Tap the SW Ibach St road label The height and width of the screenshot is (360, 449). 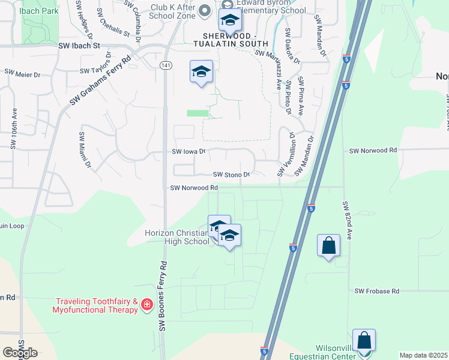[x=79, y=45]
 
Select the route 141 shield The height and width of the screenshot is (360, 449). [x=165, y=64]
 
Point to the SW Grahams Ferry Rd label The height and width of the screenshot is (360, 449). [x=100, y=81]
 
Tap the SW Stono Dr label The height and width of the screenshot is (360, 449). [x=231, y=175]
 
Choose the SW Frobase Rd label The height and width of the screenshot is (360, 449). [x=376, y=291]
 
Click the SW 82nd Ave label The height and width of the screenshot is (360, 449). [x=347, y=220]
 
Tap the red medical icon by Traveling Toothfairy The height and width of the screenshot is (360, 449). [x=146, y=306]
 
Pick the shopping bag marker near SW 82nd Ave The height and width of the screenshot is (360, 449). [x=329, y=245]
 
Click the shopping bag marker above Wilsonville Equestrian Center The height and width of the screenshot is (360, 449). [x=364, y=340]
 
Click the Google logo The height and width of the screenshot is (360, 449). [x=20, y=353]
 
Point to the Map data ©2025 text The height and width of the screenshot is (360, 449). [x=423, y=355]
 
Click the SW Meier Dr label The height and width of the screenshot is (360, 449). [x=22, y=73]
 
